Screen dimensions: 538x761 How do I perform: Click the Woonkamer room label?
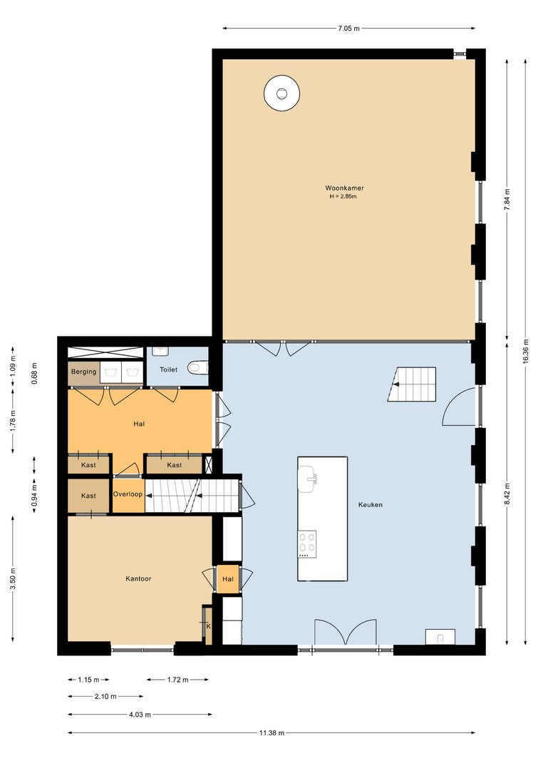click(x=344, y=188)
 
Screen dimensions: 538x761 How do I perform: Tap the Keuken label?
click(x=371, y=505)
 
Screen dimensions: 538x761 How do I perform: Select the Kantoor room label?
click(x=138, y=578)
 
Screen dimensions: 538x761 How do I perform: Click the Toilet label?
click(x=168, y=370)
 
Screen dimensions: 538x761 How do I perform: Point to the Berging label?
click(x=83, y=372)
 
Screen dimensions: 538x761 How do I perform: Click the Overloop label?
click(x=128, y=494)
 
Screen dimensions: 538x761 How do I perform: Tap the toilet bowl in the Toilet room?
click(x=198, y=367)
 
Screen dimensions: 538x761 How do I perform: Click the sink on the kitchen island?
click(x=307, y=479)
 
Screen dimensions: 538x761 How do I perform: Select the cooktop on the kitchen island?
click(x=307, y=544)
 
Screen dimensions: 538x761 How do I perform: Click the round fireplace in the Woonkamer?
click(x=281, y=93)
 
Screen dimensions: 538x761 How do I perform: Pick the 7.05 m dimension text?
click(x=349, y=28)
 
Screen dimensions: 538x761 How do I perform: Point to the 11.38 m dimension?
click(x=271, y=733)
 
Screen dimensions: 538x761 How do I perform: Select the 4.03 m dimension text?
click(x=140, y=715)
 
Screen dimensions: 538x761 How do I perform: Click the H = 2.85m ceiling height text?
click(x=343, y=197)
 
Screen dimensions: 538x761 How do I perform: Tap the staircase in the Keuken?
click(x=411, y=384)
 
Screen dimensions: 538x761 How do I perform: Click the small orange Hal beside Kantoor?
click(x=228, y=579)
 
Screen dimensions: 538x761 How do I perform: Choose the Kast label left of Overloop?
click(x=88, y=496)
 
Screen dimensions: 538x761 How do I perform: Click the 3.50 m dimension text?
click(x=13, y=578)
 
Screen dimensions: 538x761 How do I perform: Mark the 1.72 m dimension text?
click(x=178, y=680)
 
